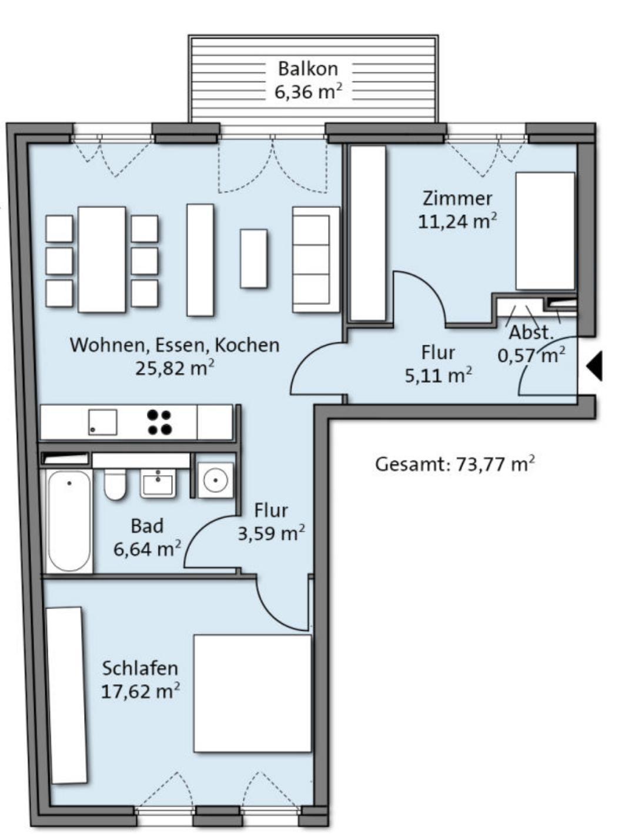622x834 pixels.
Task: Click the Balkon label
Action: point(308,69)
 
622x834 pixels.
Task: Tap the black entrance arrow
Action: point(594,366)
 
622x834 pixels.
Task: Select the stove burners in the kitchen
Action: point(160,422)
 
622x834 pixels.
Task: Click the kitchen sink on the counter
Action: point(102,422)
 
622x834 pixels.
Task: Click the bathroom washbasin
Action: point(158,484)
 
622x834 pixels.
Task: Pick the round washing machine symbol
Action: point(215,480)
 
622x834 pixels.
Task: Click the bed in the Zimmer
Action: point(546,231)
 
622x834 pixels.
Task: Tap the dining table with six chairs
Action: point(102,260)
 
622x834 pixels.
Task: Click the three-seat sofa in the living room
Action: point(316,260)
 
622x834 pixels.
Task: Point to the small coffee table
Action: point(254,258)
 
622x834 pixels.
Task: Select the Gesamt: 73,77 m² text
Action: point(455,465)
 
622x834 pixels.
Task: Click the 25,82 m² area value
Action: point(175,368)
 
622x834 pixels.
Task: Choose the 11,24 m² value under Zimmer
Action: point(457,221)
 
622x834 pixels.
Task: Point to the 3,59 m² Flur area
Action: point(271,533)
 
